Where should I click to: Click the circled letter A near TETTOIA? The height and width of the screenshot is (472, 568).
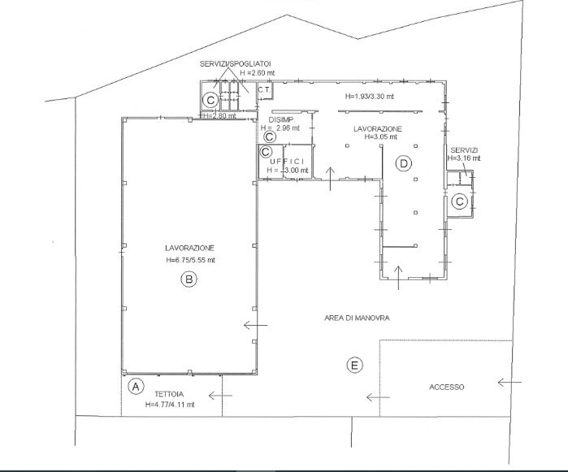pos(136,387)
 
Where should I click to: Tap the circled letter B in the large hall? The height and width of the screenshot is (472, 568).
pos(189,279)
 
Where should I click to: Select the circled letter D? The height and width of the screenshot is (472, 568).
pos(404,164)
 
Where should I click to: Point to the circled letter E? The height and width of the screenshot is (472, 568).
pos(354,365)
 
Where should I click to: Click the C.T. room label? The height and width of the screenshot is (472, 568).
pos(264,89)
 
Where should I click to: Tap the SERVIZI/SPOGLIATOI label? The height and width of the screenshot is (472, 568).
pos(236,64)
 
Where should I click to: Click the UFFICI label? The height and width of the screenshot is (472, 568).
pos(288,162)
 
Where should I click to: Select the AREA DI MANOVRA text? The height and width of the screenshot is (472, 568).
pos(357,318)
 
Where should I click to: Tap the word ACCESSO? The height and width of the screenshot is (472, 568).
pos(447,388)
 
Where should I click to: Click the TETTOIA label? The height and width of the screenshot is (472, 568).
pos(169,395)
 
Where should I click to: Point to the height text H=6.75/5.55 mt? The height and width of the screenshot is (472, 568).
pos(190,260)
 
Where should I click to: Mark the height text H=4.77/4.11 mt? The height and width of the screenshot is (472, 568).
pos(170,405)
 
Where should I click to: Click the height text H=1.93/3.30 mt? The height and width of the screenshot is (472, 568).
pos(370,97)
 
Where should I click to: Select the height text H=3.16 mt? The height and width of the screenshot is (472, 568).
pos(464,158)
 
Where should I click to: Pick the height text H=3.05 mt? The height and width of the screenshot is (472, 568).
pos(381,137)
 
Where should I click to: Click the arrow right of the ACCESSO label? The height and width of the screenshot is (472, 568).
pos(509,382)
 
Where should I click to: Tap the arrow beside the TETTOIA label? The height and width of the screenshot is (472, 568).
pos(220,396)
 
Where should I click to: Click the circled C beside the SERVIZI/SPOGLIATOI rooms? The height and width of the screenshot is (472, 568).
pos(210,100)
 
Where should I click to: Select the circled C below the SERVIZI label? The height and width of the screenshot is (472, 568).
pos(460,201)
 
